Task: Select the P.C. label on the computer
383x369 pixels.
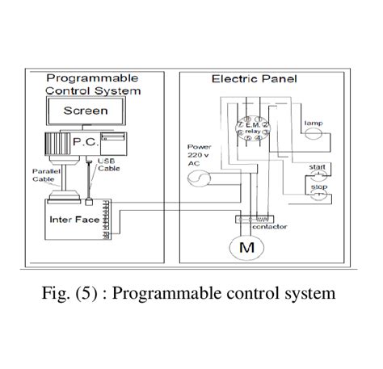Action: click(83, 141)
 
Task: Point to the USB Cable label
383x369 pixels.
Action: click(107, 166)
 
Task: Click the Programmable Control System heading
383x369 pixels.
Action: click(91, 85)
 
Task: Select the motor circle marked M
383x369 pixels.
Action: click(246, 249)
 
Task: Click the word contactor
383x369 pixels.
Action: click(269, 227)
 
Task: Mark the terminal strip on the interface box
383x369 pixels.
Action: click(107, 224)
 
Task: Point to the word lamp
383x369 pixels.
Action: click(313, 123)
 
